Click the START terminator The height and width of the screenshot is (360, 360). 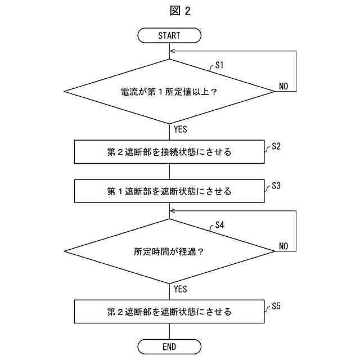(169, 35)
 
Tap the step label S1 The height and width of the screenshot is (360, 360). (220, 65)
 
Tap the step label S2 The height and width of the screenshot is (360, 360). (276, 146)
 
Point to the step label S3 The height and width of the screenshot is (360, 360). (276, 185)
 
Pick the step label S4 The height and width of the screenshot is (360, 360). (220, 225)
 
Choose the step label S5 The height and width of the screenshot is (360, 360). (276, 305)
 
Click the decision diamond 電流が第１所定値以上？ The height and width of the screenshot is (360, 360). (169, 91)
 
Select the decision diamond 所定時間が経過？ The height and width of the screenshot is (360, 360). (169, 251)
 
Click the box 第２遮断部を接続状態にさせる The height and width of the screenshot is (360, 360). (169, 152)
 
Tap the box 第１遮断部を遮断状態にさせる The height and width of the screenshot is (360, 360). (169, 191)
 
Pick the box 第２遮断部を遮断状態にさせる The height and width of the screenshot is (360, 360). (169, 312)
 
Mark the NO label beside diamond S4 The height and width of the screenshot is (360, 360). (283, 246)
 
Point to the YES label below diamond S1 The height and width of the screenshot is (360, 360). (180, 129)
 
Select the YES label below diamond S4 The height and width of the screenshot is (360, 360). (180, 289)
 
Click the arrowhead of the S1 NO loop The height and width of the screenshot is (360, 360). (172, 51)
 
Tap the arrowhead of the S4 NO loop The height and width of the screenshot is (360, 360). (172, 211)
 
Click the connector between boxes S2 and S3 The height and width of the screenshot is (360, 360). (169, 172)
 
